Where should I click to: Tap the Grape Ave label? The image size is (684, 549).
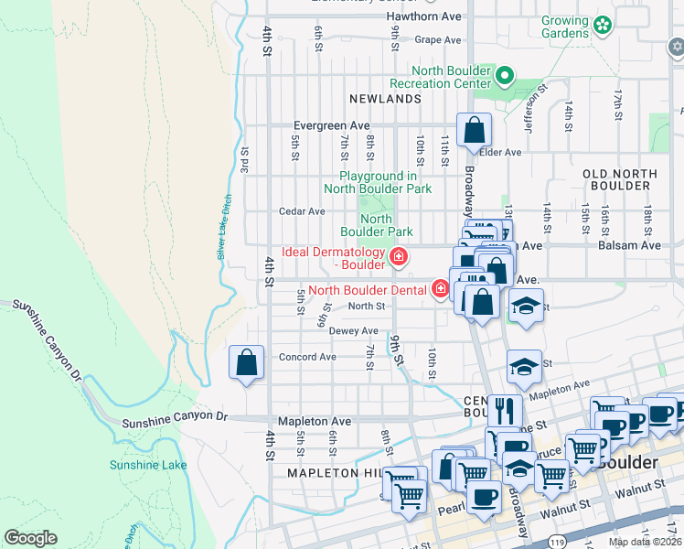tap(437, 40)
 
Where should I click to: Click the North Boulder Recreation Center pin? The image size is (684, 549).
tap(505, 76)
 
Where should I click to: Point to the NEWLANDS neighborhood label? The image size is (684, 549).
tap(385, 98)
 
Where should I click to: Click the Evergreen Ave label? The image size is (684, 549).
tap(331, 125)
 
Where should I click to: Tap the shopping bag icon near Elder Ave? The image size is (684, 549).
tap(474, 130)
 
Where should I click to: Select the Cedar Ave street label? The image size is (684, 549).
tap(302, 211)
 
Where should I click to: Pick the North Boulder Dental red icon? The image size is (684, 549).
tap(441, 290)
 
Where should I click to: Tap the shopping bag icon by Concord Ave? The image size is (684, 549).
tap(247, 362)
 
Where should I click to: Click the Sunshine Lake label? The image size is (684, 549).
tap(148, 465)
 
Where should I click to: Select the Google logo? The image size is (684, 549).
tap(30, 538)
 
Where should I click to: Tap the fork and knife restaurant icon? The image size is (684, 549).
tap(504, 409)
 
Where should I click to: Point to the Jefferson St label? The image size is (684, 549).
tap(534, 106)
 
